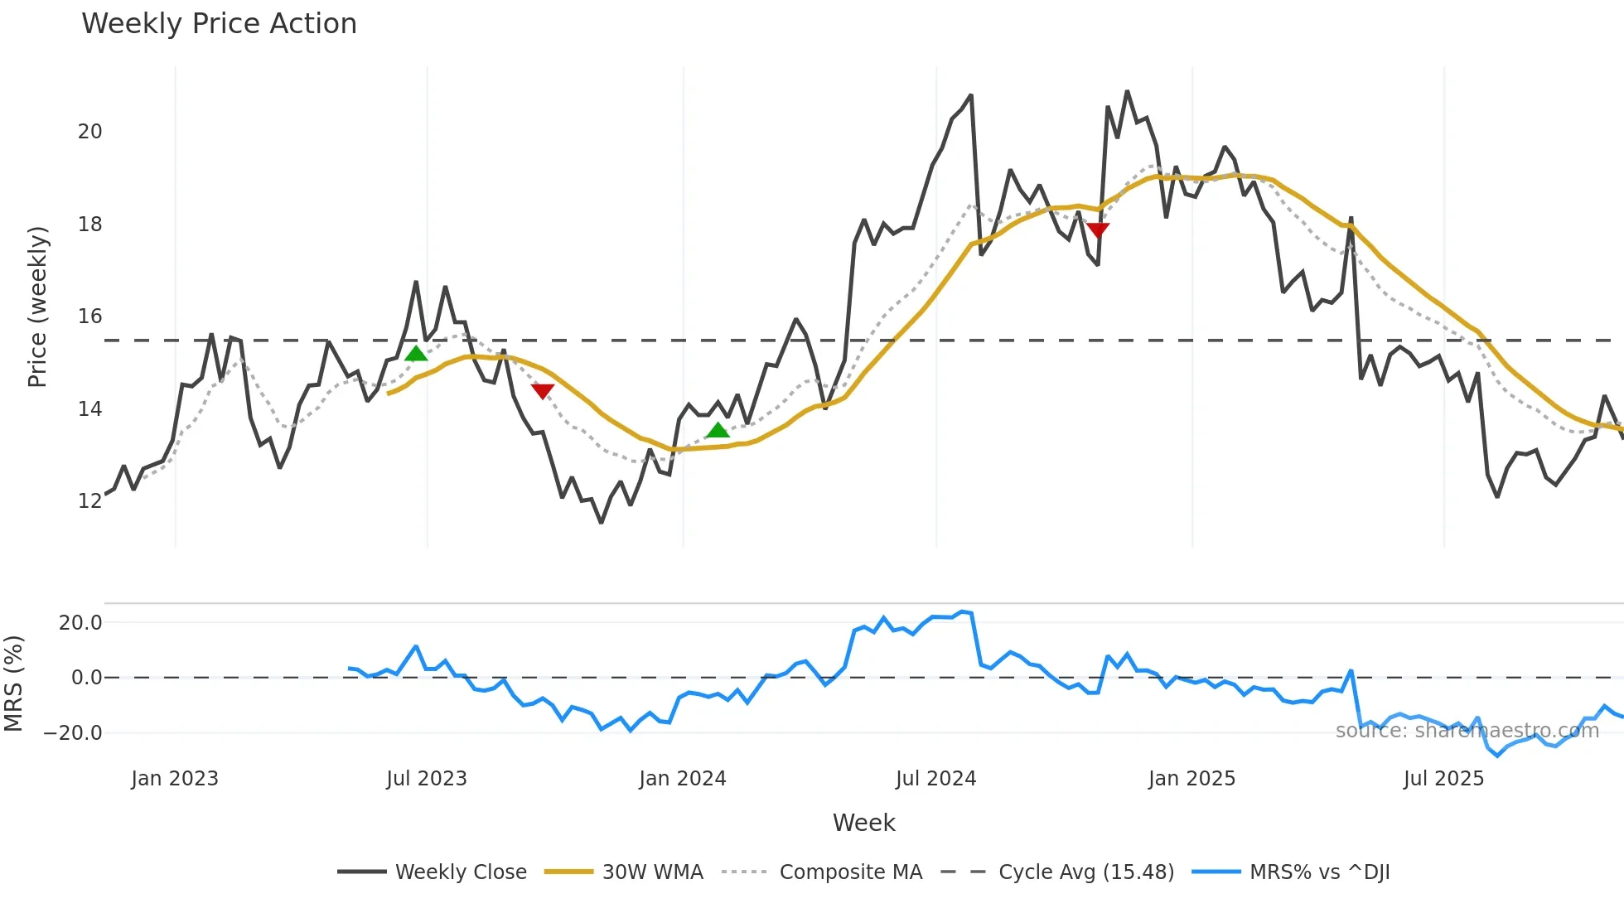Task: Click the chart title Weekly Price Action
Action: click(x=219, y=24)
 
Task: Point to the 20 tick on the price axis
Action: click(x=89, y=132)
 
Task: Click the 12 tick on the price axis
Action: click(x=89, y=501)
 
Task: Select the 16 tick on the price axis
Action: click(x=89, y=316)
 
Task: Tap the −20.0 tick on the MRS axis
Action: click(x=73, y=733)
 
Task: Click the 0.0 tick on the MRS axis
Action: click(x=86, y=678)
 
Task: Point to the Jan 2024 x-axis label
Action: click(x=683, y=779)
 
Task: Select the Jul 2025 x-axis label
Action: click(x=1443, y=779)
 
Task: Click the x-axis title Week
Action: click(x=863, y=823)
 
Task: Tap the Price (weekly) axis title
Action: click(x=38, y=307)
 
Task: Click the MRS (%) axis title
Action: click(x=13, y=684)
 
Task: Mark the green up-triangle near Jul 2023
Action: click(x=416, y=355)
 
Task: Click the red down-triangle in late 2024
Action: click(x=1098, y=229)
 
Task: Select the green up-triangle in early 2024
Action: click(x=718, y=430)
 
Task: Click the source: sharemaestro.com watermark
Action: click(x=1467, y=731)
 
